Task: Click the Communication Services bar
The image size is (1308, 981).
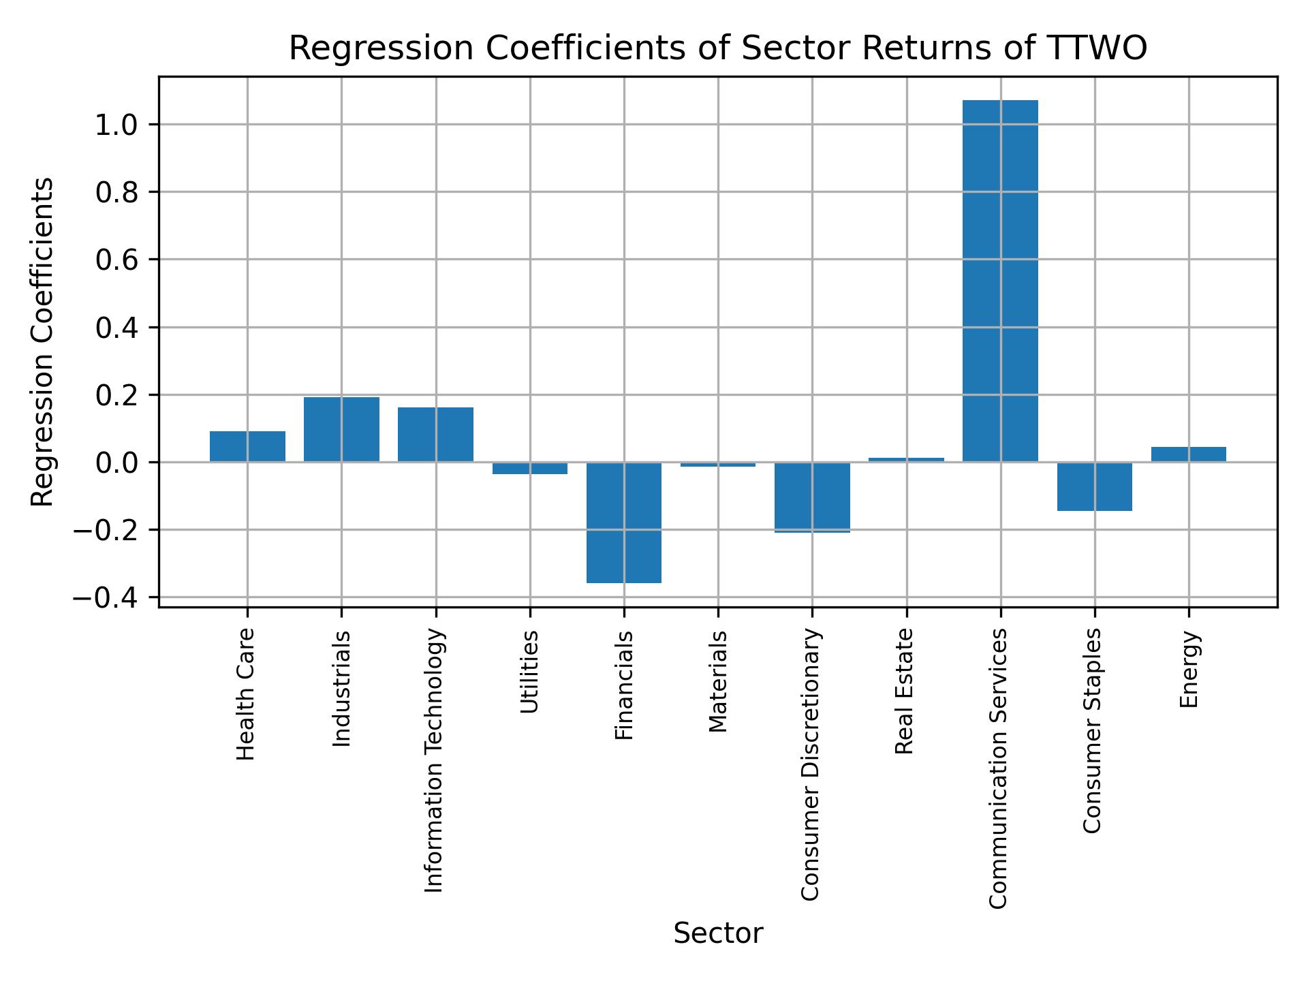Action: coord(1000,281)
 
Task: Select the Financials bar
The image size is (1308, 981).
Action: coord(624,523)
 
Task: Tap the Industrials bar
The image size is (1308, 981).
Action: coord(341,429)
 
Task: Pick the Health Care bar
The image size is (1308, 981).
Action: coord(247,446)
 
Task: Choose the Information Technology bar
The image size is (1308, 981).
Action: coord(435,435)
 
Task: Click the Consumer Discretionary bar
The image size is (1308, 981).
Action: coord(812,497)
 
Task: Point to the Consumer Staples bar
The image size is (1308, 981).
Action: coord(1094,486)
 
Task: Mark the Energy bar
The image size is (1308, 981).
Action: coord(1188,454)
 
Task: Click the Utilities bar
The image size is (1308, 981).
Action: coord(530,468)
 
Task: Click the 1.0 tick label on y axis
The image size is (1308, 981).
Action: coord(116,125)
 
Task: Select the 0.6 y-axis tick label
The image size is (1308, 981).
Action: coord(116,260)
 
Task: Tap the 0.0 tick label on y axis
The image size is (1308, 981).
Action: coord(116,463)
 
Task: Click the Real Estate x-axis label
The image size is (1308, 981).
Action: coord(904,691)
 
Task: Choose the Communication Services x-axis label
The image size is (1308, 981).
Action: coord(998,768)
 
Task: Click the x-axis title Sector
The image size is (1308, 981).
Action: coord(717,933)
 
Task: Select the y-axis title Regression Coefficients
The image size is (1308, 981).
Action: coord(42,341)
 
